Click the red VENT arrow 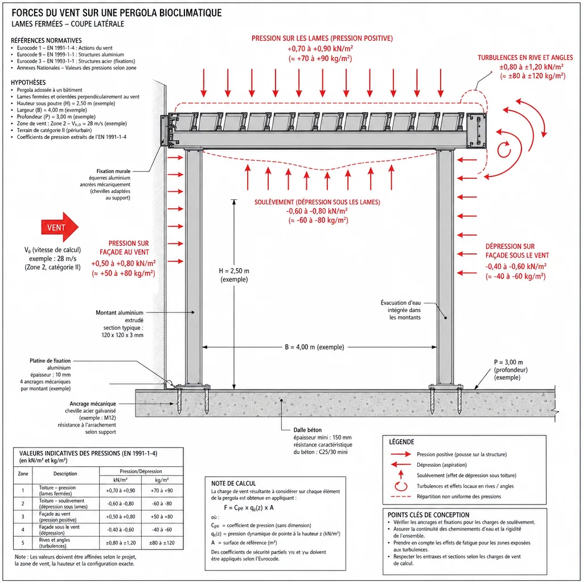pyautogui.click(x=59, y=227)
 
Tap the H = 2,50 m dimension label pyautogui.click(x=234, y=270)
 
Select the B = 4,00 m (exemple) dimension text pyautogui.click(x=314, y=347)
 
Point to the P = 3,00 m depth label pyautogui.click(x=508, y=362)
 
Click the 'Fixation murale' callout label pyautogui.click(x=113, y=171)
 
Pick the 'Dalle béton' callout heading pyautogui.click(x=307, y=430)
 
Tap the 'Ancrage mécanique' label pyautogui.click(x=93, y=404)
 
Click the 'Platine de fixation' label pyautogui.click(x=50, y=360)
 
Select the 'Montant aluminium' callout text pyautogui.click(x=120, y=313)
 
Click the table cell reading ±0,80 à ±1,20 pyautogui.click(x=121, y=543)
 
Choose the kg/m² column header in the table pyautogui.click(x=162, y=480)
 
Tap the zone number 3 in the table pyautogui.click(x=23, y=516)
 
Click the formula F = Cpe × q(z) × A pyautogui.click(x=249, y=507)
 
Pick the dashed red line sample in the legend pyautogui.click(x=401, y=496)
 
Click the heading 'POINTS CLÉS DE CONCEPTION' pyautogui.click(x=428, y=515)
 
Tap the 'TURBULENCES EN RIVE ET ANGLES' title pyautogui.click(x=525, y=58)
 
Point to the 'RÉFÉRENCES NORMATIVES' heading pyautogui.click(x=46, y=40)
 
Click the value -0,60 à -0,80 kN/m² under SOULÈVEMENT pyautogui.click(x=317, y=211)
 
